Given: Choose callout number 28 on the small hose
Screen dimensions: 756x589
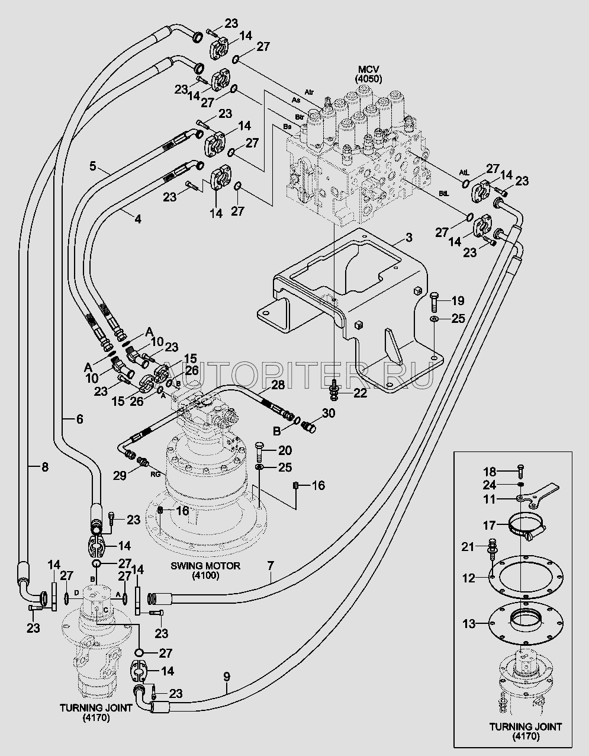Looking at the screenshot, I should [278, 385].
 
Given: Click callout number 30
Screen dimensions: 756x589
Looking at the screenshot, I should [329, 412].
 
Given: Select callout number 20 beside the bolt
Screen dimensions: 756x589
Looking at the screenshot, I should [285, 450].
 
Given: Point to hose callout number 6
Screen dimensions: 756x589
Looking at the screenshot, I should [79, 419].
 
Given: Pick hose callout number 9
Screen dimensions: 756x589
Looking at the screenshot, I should [226, 675].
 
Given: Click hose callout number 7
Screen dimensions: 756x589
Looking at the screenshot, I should [270, 565].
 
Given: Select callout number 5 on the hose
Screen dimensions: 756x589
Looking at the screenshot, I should [93, 166].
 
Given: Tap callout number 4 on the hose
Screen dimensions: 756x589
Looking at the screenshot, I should [137, 219].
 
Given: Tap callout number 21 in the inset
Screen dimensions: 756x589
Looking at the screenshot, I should [468, 546].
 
